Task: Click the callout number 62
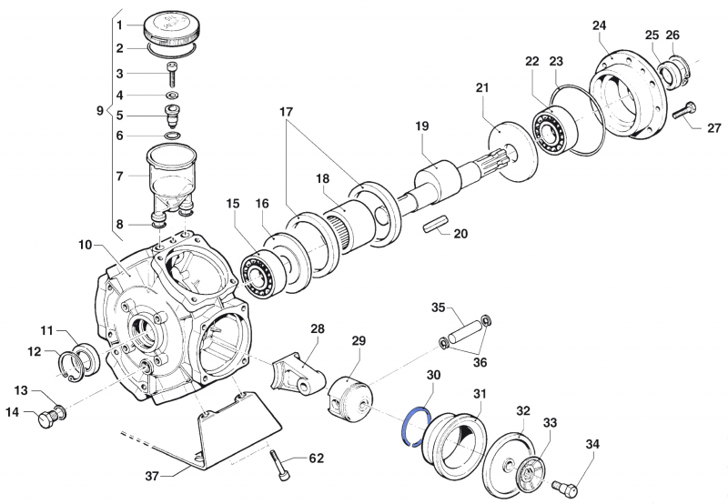[316, 459]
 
